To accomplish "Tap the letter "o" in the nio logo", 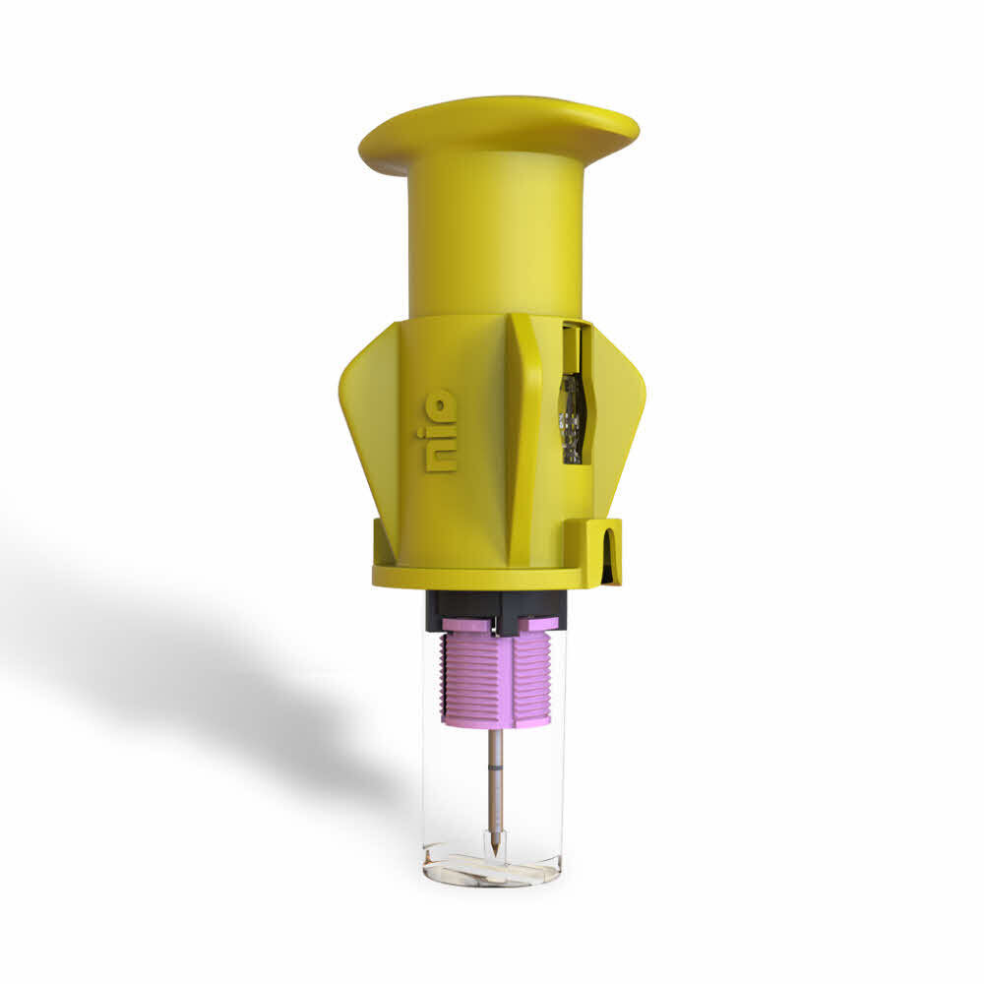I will pos(442,403).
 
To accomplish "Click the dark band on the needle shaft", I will pos(495,764).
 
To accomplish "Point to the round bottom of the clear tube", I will pos(492,870).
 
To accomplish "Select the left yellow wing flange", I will pos(364,413).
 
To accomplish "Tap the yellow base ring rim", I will pos(472,578).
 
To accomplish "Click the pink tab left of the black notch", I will pos(467,625).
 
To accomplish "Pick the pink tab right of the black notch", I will pos(539,624).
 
